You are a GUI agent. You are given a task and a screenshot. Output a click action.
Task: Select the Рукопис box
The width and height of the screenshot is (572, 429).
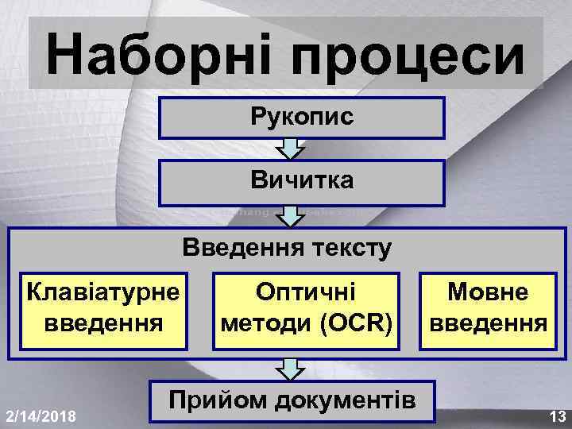click(x=302, y=118)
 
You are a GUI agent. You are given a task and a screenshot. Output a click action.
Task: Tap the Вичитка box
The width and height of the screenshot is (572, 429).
click(x=302, y=182)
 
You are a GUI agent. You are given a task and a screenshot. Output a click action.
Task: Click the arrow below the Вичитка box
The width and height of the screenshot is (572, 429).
click(x=293, y=215)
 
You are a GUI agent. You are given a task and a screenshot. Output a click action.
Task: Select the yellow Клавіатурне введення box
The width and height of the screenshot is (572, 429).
click(x=104, y=311)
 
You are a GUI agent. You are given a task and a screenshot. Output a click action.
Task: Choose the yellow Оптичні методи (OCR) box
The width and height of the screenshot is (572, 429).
click(x=307, y=311)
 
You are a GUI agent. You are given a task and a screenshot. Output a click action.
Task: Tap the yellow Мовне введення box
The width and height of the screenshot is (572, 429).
click(x=487, y=311)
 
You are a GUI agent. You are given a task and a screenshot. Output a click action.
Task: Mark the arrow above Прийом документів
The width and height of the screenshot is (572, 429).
click(x=293, y=368)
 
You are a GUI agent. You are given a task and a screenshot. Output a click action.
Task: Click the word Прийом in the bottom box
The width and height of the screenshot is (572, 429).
click(x=209, y=400)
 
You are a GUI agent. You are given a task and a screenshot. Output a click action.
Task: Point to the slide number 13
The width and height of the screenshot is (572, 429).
click(x=556, y=415)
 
